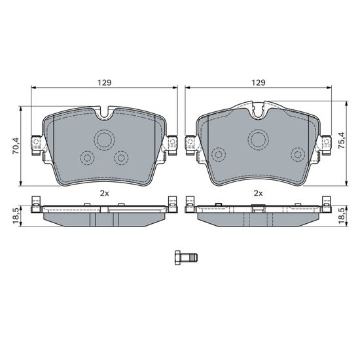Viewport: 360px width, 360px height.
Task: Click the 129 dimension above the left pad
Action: click(105, 82)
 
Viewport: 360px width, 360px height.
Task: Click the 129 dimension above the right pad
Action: click(259, 82)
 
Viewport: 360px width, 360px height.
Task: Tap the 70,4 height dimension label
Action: click(16, 146)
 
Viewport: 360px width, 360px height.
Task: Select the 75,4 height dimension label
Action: click(342, 140)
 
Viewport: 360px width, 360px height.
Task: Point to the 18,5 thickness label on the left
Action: click(16, 216)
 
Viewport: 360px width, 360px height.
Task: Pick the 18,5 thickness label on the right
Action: click(342, 216)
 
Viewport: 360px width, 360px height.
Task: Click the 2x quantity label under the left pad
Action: click(105, 193)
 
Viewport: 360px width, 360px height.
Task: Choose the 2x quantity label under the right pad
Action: click(259, 193)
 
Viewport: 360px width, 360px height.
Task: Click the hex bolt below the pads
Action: click(186, 258)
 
